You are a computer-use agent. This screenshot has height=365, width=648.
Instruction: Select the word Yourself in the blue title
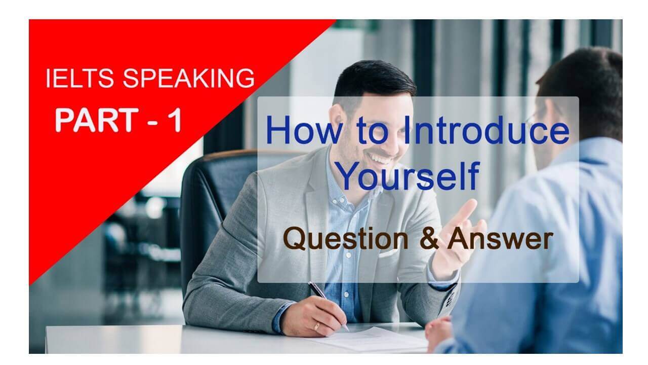pos(408,175)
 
